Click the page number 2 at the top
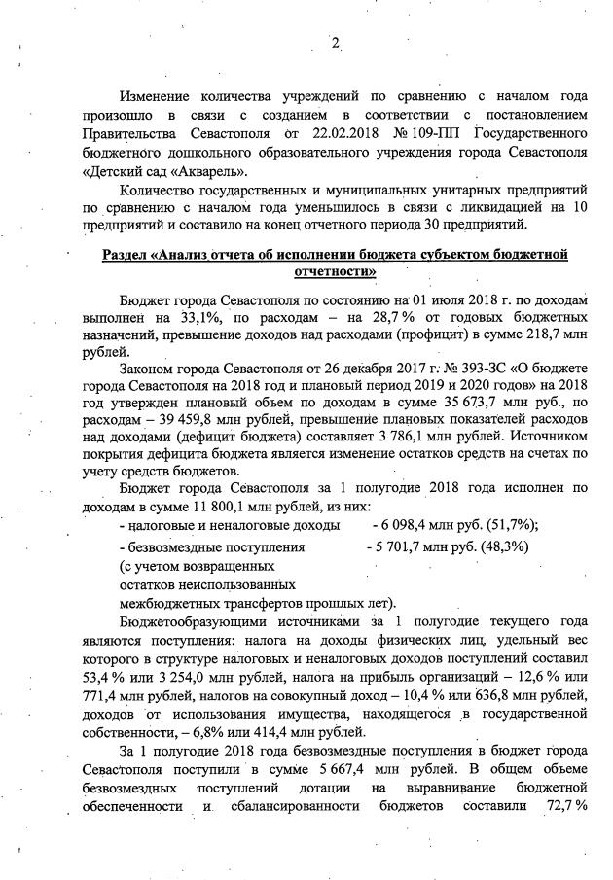pos(336,43)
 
